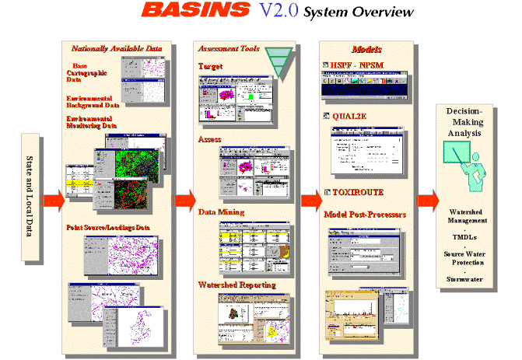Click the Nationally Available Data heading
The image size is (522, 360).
point(116,48)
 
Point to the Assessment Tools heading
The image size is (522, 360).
point(226,48)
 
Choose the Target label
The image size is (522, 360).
point(210,67)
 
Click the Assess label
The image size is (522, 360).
point(210,139)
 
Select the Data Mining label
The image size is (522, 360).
point(221,211)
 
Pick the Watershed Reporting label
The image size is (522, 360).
point(231,285)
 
